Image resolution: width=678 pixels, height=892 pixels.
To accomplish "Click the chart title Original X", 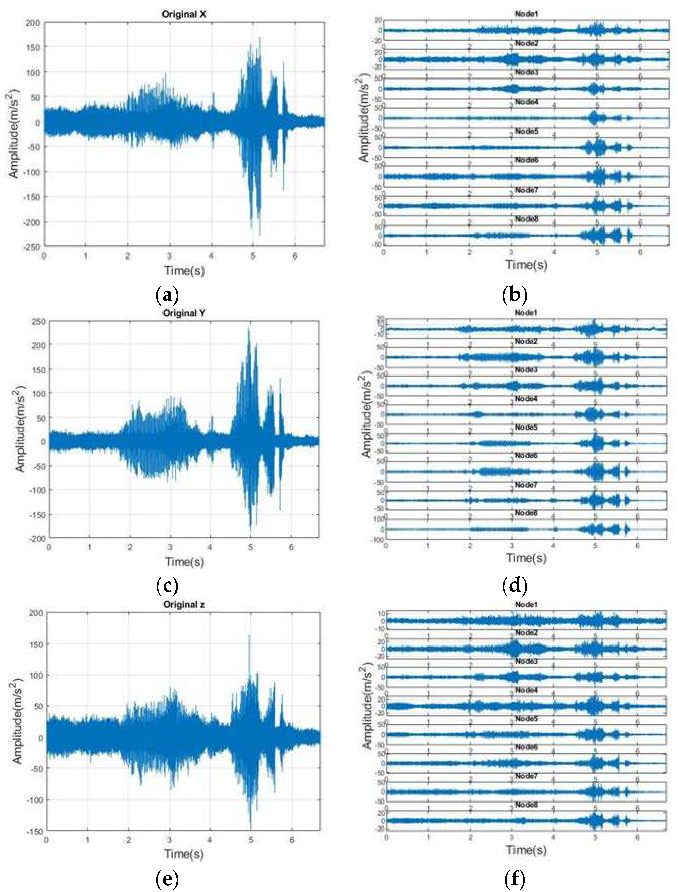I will pyautogui.click(x=184, y=14).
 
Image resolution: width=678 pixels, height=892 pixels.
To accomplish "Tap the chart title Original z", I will pyautogui.click(x=184, y=605).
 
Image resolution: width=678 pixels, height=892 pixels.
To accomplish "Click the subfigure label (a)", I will pyautogui.click(x=167, y=295).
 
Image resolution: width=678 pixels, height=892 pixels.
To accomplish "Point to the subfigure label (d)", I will pyautogui.click(x=514, y=585).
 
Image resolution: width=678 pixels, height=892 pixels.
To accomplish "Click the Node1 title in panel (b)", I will pyautogui.click(x=526, y=14).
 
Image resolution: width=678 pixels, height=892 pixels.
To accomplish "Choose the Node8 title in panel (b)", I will pyautogui.click(x=526, y=219).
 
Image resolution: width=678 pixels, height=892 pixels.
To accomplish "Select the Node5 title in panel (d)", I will pyautogui.click(x=526, y=427).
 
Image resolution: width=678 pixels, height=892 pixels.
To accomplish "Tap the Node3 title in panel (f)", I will pyautogui.click(x=526, y=661).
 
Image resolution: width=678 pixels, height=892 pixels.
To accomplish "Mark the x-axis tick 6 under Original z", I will pyautogui.click(x=291, y=840).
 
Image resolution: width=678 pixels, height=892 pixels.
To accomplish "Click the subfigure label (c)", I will pyautogui.click(x=167, y=585).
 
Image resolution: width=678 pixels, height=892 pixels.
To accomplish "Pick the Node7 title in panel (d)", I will pyautogui.click(x=526, y=484).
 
